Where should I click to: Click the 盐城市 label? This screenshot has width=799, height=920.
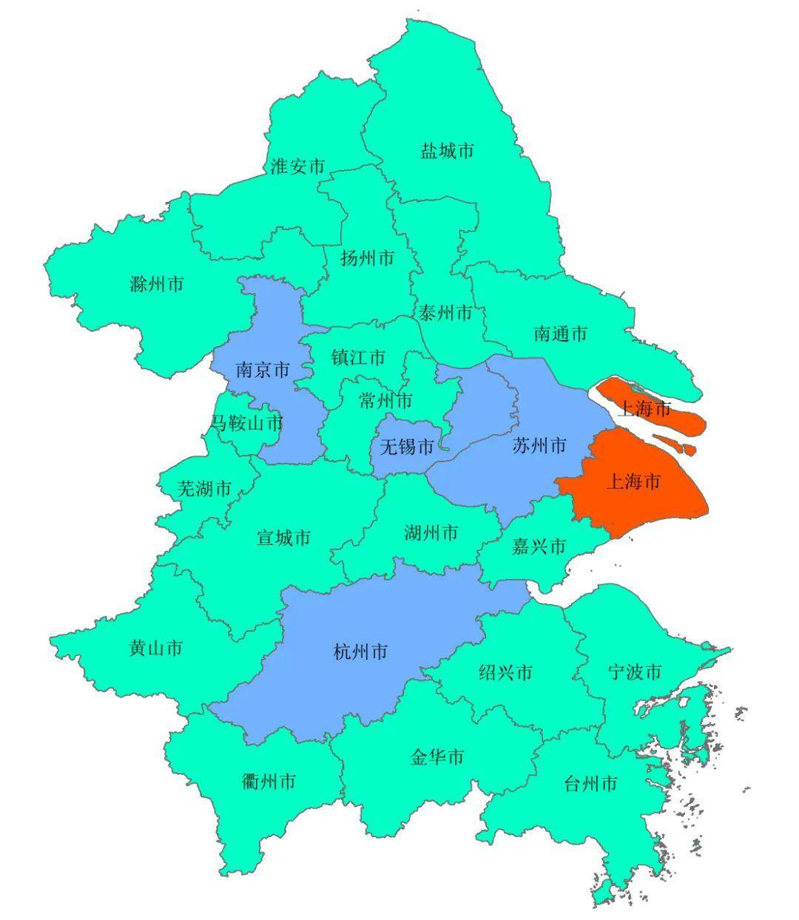(x=447, y=152)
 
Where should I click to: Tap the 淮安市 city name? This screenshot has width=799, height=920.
(x=297, y=166)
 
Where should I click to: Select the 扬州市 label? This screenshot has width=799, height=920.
(x=367, y=258)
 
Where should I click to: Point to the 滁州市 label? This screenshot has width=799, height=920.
(x=156, y=284)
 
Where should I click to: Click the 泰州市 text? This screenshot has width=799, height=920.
(x=445, y=313)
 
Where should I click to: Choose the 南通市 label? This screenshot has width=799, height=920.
(x=560, y=334)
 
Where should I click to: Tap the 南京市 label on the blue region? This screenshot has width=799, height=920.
(x=263, y=370)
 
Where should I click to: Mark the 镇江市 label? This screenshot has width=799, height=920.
(x=358, y=358)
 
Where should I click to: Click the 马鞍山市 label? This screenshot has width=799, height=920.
(x=247, y=423)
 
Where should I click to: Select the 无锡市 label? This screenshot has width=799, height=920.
(x=406, y=447)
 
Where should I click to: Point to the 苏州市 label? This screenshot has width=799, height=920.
(x=539, y=445)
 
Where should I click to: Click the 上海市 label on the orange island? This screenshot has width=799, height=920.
(x=644, y=408)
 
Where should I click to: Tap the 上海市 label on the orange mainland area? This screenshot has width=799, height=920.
(x=633, y=482)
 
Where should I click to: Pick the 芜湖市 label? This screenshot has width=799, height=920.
(x=204, y=488)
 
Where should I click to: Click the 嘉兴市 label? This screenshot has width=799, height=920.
(x=539, y=547)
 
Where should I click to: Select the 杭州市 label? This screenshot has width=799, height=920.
(x=360, y=652)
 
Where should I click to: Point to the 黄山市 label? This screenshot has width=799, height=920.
(x=155, y=649)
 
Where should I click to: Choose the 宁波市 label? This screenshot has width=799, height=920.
(x=634, y=672)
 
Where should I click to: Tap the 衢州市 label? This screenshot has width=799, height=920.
(x=269, y=781)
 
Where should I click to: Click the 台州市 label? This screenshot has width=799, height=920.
(x=590, y=784)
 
